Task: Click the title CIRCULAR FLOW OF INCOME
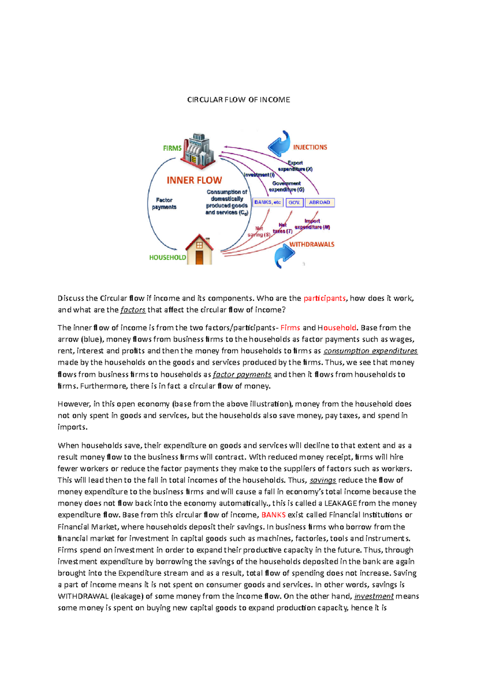[x=238, y=100]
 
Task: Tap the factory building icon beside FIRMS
[x=198, y=151]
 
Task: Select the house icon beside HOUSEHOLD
[x=200, y=250]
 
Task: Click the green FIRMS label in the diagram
[x=172, y=148]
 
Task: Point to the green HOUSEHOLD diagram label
[x=167, y=258]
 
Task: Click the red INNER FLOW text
[x=194, y=180]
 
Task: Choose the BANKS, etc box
[x=268, y=202]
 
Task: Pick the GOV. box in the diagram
[x=294, y=202]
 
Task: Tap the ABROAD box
[x=320, y=202]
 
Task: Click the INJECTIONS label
[x=310, y=147]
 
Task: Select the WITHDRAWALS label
[x=312, y=244]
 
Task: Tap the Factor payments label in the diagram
[x=164, y=204]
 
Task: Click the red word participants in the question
[x=324, y=298]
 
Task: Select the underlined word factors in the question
[x=133, y=310]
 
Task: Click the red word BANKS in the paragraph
[x=273, y=515]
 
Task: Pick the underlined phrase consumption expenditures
[x=370, y=351]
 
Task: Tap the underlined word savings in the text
[x=323, y=480]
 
